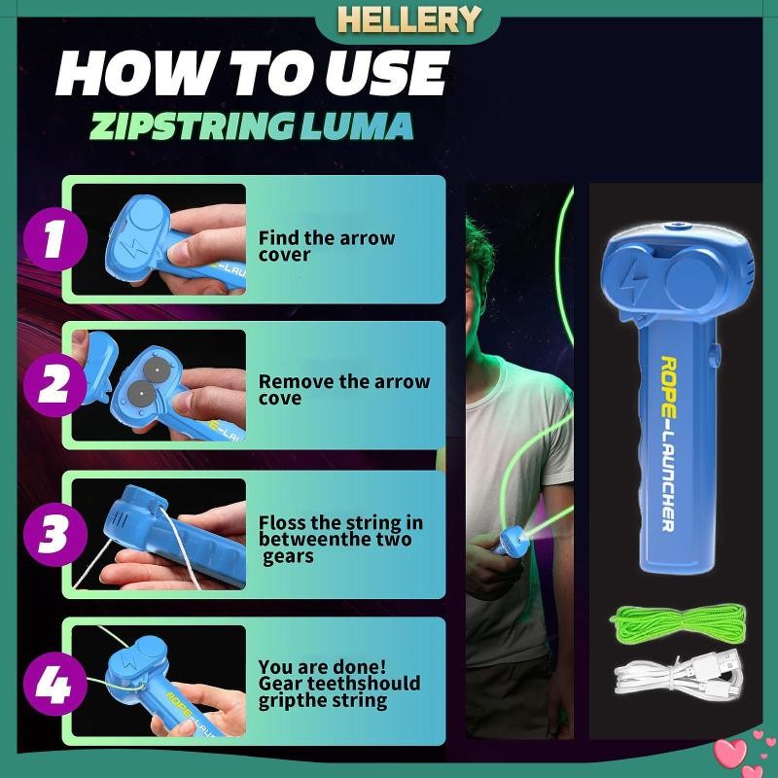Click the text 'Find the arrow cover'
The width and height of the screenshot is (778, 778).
pos(326,246)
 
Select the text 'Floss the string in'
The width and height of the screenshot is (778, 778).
pos(340,524)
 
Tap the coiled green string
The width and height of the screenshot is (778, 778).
pos(680,622)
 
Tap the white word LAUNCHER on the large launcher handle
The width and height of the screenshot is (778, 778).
pos(668,471)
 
